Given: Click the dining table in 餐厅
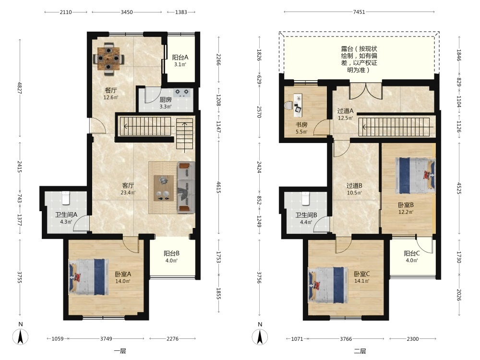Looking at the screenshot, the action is point(108,59).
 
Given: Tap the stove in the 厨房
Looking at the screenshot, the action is point(182,93).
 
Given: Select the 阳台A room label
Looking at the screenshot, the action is point(180,57).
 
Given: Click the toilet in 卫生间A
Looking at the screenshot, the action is point(66,198).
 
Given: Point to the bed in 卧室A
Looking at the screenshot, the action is point(88,277).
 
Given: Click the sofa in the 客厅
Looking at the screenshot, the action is point(186,187).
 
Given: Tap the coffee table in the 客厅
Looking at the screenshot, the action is point(163,188).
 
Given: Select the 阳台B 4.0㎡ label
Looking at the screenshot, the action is point(171,257).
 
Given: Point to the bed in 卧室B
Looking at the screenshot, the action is point(415,176).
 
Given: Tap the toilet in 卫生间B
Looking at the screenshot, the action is point(306,198).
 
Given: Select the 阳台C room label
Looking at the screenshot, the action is point(411,253).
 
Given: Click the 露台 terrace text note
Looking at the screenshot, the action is point(359,59).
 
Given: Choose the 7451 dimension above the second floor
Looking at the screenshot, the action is point(359,12).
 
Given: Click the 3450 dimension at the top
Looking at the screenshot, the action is point(127,12).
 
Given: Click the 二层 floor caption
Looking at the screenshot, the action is point(360,351).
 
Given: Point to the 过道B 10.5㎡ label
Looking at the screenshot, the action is point(354,189).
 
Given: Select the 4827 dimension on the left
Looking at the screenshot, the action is point(20,87).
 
